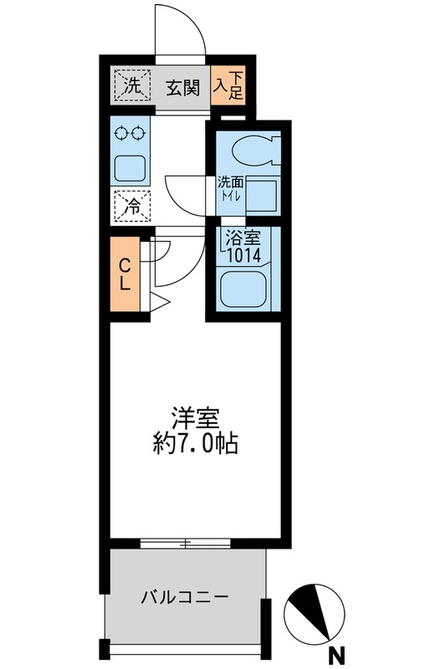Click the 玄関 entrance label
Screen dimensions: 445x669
[x=182, y=88]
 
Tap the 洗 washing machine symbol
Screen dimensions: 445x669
[x=133, y=86]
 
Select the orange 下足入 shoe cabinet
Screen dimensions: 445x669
[x=228, y=85]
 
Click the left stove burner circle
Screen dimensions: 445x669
[x=120, y=134]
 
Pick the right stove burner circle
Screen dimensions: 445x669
[x=138, y=134]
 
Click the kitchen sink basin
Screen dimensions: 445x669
[x=130, y=168]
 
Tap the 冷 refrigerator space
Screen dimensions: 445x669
[x=133, y=207]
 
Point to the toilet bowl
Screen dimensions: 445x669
[x=256, y=151]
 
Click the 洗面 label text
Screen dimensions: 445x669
[x=230, y=183]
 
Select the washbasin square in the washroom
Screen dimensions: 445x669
[x=262, y=195]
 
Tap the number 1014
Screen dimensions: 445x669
[x=243, y=255]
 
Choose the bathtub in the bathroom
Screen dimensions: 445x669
[x=243, y=289]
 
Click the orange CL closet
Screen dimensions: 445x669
[x=125, y=274]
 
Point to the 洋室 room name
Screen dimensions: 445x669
[x=196, y=419]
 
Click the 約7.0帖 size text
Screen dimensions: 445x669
[x=195, y=444]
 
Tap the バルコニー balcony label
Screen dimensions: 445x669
[x=185, y=597]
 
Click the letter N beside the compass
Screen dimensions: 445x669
[x=336, y=653]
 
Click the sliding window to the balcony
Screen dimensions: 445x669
[x=185, y=544]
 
